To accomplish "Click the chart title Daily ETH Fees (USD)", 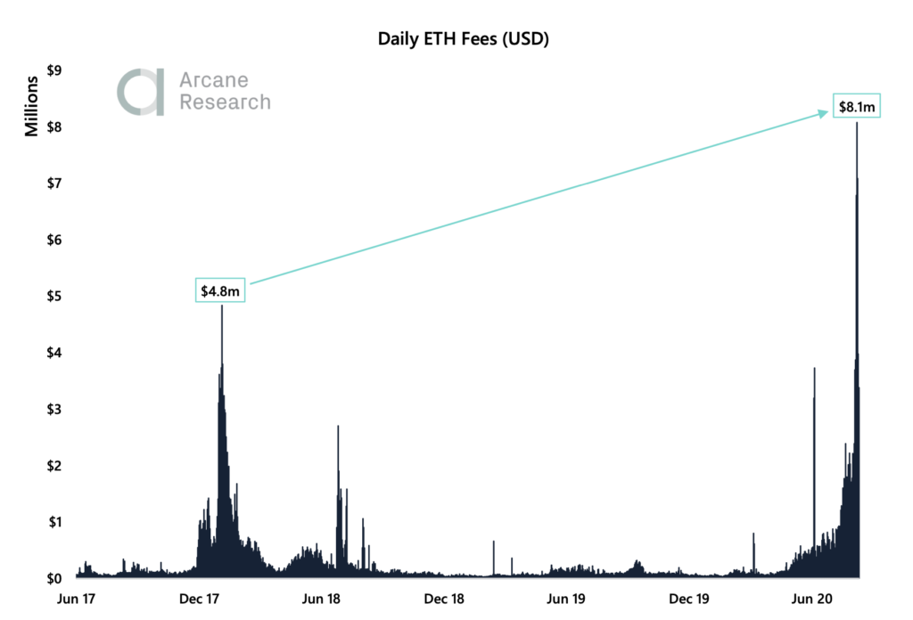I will pyautogui.click(x=457, y=38).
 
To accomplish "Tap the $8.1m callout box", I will pyautogui.click(x=858, y=107).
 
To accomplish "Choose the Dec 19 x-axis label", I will pyautogui.click(x=689, y=599).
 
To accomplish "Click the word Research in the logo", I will pyautogui.click(x=225, y=102).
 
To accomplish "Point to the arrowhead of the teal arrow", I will pyautogui.click(x=824, y=113).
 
